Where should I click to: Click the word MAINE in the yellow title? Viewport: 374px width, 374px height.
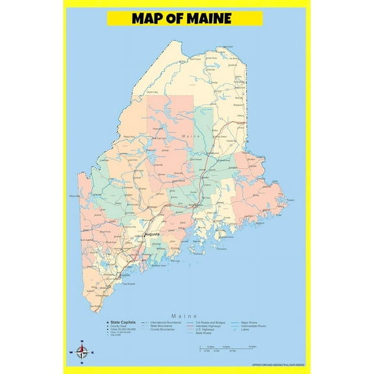205,18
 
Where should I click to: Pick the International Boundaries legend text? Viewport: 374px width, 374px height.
166,322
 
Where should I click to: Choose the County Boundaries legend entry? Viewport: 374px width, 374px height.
164,329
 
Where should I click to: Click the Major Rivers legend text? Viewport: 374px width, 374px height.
251,322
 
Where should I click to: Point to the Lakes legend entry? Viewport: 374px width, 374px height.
245,329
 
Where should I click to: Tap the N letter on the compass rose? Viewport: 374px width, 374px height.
82,342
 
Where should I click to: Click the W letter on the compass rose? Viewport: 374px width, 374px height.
70,353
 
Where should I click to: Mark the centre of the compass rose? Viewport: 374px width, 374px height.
82,353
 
